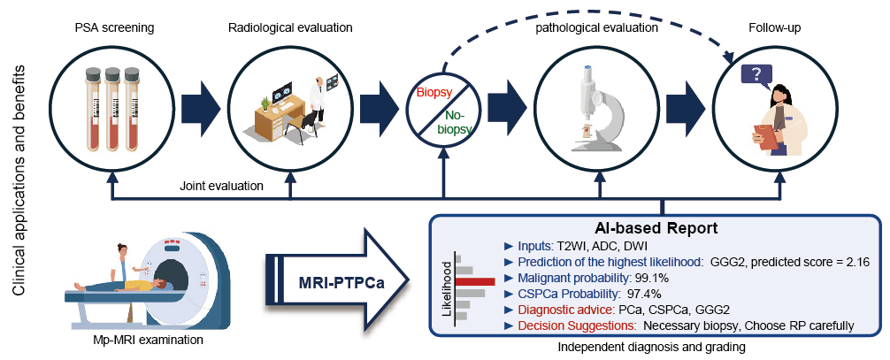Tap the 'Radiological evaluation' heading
(290, 27)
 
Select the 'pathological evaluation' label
(597, 27)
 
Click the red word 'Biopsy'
(433, 93)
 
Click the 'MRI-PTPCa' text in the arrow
(334, 281)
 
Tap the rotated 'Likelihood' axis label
(448, 287)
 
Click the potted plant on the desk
(264, 103)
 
